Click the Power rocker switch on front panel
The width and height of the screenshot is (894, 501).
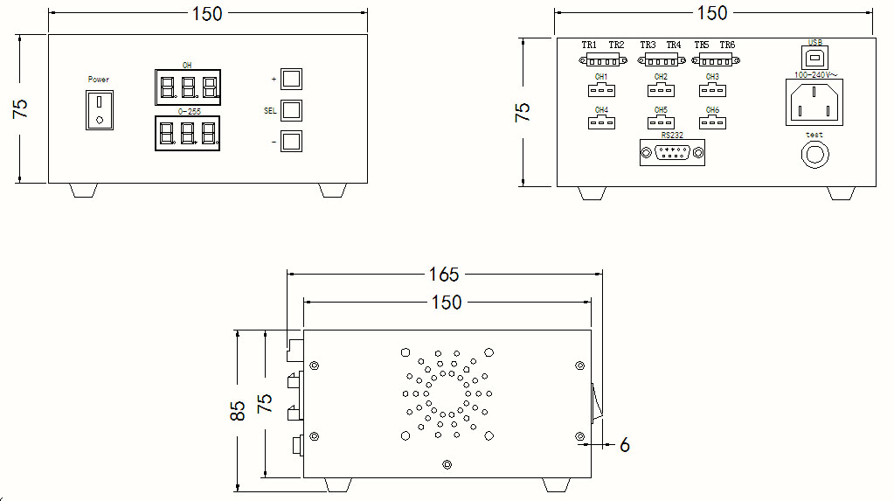coord(100,108)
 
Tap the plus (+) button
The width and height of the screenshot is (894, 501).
coord(291,79)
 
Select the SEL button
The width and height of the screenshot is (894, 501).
coord(291,110)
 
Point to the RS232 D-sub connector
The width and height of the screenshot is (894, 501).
coord(672,153)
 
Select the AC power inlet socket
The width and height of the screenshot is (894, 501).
coord(816,102)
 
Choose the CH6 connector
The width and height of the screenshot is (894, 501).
coord(712,122)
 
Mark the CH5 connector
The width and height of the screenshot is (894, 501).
coord(660,122)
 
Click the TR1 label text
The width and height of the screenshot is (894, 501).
coord(589,45)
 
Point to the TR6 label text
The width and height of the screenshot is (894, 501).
coord(727,45)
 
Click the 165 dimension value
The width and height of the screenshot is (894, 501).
coord(443,275)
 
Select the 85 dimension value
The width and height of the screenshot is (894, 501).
coord(237,411)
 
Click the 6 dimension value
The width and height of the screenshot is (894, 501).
coord(624,445)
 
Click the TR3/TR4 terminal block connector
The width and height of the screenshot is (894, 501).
coord(661,59)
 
